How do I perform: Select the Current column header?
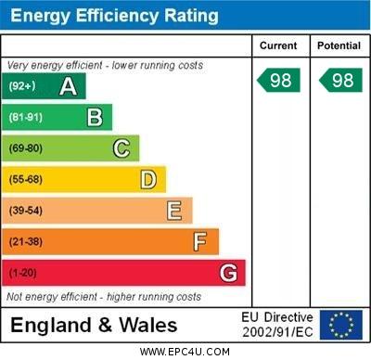(x=278, y=45)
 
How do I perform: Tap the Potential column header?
(x=339, y=45)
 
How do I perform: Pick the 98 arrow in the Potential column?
(x=340, y=80)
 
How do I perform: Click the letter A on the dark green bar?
(x=68, y=86)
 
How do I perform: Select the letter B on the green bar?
(x=95, y=117)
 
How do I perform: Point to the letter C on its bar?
(x=122, y=148)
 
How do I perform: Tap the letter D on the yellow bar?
(x=148, y=179)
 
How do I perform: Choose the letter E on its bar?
(x=174, y=211)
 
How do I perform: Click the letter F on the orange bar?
(x=200, y=242)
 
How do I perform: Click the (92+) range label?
(x=21, y=87)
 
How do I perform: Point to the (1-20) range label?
(x=23, y=274)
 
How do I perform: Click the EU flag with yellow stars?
(x=341, y=325)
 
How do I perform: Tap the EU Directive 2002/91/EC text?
(x=277, y=325)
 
